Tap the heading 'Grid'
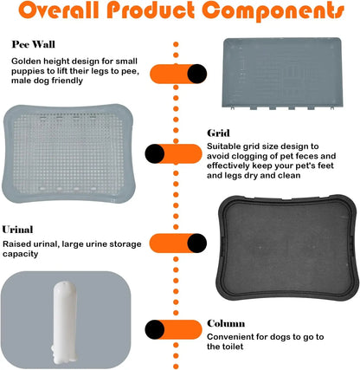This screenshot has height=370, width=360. pos(218,133)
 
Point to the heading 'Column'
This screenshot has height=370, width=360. pos(226,323)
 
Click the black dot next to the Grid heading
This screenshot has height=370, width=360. pos(155,154)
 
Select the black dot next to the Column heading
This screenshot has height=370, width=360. pos(155,328)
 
